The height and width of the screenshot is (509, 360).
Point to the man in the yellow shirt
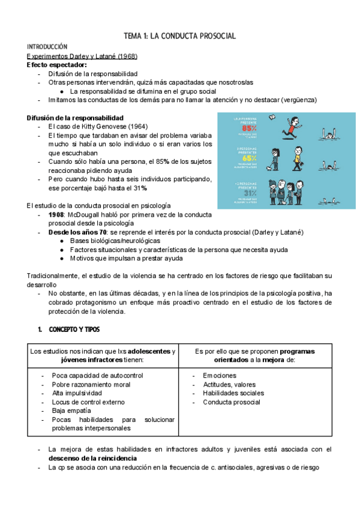coord(298,158)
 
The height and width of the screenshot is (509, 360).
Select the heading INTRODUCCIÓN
coord(47,46)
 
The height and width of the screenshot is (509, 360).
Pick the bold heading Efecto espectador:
coord(57,64)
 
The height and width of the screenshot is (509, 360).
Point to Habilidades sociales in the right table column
coord(233,393)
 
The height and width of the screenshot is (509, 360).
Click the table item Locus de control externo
coord(88,402)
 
